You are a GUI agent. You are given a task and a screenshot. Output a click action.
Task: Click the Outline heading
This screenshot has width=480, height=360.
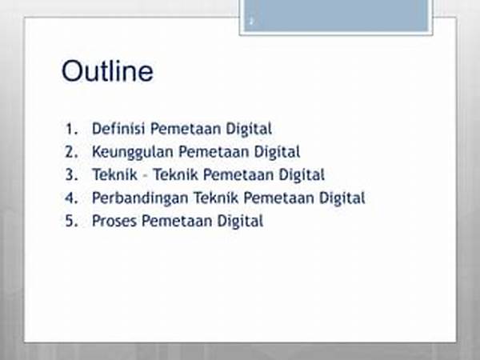tap(107, 71)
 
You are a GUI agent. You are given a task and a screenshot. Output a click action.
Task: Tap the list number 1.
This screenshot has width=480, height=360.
tap(71, 129)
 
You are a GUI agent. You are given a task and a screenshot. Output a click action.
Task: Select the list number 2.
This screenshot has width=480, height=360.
tap(71, 152)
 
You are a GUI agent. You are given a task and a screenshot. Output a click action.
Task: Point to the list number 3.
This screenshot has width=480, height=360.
tap(71, 174)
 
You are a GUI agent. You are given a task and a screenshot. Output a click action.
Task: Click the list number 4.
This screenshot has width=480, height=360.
tap(71, 198)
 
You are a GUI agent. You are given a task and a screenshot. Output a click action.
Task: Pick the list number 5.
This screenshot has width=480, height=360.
tap(71, 221)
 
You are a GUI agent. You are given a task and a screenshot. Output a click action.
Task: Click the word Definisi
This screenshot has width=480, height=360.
tap(118, 128)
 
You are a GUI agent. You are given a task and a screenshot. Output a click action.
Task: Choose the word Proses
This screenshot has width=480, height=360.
tap(114, 221)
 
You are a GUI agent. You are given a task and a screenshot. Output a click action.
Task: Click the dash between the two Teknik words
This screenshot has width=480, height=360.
tap(146, 177)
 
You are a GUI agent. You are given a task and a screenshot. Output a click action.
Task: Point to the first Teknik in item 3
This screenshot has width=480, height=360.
tap(114, 174)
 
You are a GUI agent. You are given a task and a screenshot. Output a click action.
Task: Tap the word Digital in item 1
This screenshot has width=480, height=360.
tap(249, 129)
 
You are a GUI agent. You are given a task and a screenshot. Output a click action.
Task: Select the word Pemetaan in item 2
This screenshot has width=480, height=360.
tap(214, 151)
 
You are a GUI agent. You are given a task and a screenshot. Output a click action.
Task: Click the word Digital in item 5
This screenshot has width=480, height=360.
tap(240, 221)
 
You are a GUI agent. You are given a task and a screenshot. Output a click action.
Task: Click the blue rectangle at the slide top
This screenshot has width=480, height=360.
tap(336, 15)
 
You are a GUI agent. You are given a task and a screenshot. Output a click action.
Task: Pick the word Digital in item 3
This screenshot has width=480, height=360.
tap(302, 175)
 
